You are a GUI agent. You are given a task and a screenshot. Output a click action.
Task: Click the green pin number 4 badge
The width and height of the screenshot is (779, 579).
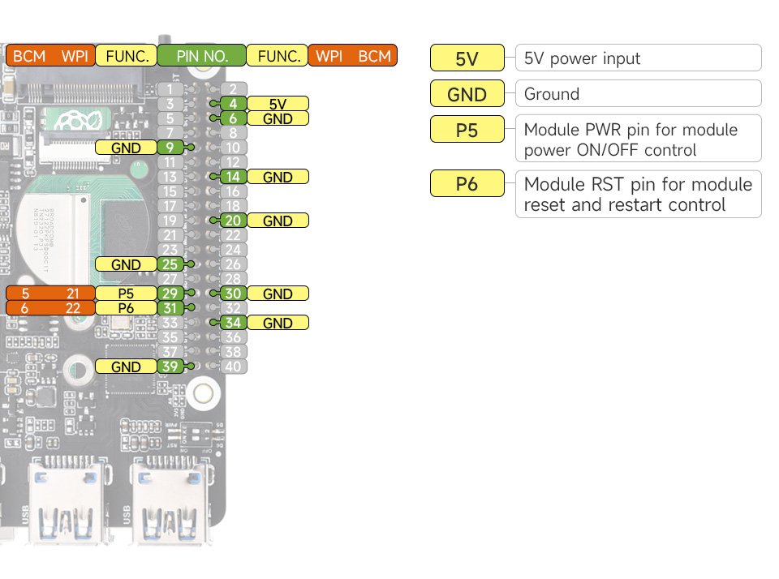(x=232, y=104)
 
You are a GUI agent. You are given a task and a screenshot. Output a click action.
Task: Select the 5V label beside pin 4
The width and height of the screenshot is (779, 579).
(x=278, y=104)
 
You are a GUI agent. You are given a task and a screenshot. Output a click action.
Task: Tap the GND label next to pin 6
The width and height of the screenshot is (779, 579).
(x=278, y=118)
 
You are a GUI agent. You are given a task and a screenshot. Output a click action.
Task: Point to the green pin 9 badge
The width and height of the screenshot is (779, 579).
(x=170, y=148)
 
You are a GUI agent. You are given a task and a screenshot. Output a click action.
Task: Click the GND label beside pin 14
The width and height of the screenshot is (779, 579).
(x=278, y=177)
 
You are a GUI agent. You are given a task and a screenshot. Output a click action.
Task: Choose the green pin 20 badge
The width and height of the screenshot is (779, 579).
(x=232, y=221)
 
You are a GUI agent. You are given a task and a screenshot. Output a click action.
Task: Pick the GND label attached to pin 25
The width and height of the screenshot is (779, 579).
(x=126, y=264)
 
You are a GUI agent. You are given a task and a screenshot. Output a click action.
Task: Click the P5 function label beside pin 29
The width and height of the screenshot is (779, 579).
(x=126, y=294)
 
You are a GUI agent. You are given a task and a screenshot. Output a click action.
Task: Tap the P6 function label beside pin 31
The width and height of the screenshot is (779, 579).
(x=126, y=308)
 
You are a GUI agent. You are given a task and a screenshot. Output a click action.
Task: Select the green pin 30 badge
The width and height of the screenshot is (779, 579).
(x=232, y=294)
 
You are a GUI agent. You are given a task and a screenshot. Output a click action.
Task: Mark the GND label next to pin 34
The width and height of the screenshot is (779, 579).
(x=278, y=323)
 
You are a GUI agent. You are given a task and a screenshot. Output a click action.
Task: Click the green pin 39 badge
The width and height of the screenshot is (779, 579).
(x=170, y=367)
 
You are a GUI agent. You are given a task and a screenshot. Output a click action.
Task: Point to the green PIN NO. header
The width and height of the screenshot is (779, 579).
(x=201, y=56)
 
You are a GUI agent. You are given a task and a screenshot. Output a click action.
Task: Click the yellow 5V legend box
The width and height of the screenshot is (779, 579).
(x=467, y=58)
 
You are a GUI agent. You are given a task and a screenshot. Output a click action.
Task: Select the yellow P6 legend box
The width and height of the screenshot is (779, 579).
(x=467, y=185)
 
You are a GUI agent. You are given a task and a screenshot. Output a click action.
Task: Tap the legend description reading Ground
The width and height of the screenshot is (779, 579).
(x=638, y=93)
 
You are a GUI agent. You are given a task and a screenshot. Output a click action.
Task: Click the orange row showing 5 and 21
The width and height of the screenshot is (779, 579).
(x=49, y=294)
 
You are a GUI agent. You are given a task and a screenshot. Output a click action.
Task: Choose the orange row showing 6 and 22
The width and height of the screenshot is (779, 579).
(x=49, y=308)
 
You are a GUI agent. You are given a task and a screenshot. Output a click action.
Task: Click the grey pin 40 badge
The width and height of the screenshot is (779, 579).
(x=232, y=367)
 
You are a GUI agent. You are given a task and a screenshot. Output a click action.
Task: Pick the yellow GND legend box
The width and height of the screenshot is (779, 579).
(x=467, y=94)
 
